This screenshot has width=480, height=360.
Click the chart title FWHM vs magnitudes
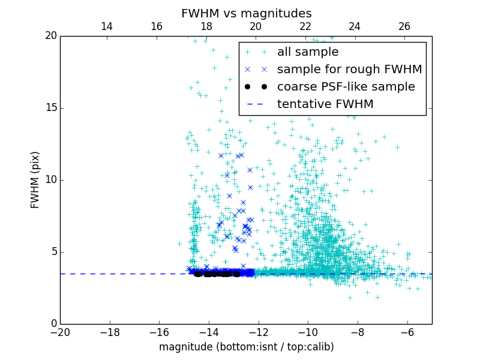tap(246, 13)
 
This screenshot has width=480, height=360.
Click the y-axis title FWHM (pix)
tap(35, 179)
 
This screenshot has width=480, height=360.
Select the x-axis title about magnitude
tap(246, 347)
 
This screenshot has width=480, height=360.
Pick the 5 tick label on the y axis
tap(52, 252)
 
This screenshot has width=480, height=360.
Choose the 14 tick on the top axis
tap(107, 26)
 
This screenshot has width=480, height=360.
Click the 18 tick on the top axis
tap(206, 26)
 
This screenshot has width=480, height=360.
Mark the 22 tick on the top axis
tap(305, 26)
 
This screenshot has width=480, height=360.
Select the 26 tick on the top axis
tap(404, 26)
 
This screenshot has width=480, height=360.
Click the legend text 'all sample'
tap(308, 52)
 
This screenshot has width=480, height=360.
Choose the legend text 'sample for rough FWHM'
tap(349, 70)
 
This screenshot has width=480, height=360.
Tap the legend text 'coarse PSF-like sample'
tap(346, 87)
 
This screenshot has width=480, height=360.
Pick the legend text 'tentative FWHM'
tap(325, 104)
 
